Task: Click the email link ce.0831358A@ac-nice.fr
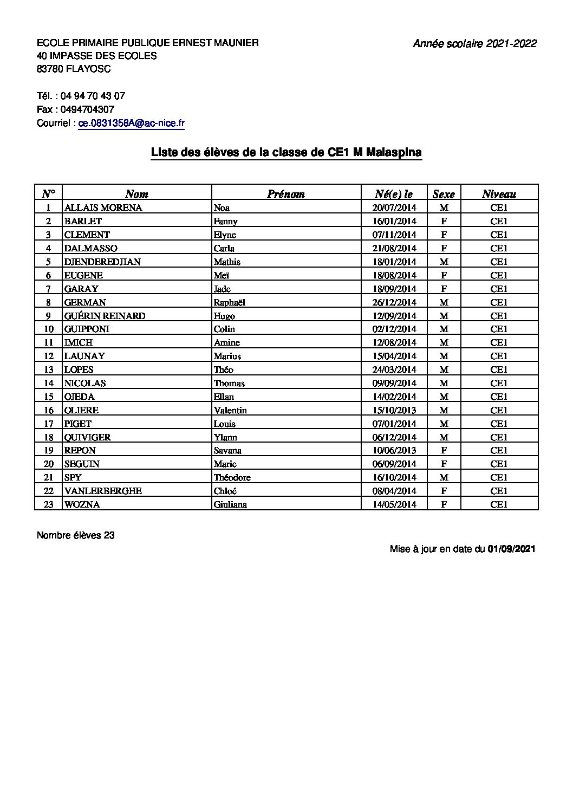[x=132, y=124]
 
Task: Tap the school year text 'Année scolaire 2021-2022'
[x=474, y=44]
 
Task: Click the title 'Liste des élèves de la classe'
[x=286, y=153]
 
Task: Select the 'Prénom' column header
[x=286, y=194]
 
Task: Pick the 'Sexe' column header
[x=444, y=194]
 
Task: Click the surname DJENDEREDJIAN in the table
[x=102, y=262]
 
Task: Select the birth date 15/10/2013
[x=394, y=410]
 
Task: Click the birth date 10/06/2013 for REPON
[x=394, y=450]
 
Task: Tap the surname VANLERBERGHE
[x=103, y=491]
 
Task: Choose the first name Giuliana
[x=230, y=504]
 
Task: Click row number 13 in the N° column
[x=49, y=369]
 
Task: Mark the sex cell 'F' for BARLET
[x=444, y=221]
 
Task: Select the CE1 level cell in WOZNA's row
[x=499, y=504]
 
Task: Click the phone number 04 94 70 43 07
[x=93, y=96]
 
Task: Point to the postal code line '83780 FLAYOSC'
[x=74, y=69]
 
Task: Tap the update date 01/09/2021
[x=512, y=549]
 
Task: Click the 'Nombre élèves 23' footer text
[x=76, y=535]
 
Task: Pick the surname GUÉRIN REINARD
[x=105, y=316]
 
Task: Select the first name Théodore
[x=232, y=477]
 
